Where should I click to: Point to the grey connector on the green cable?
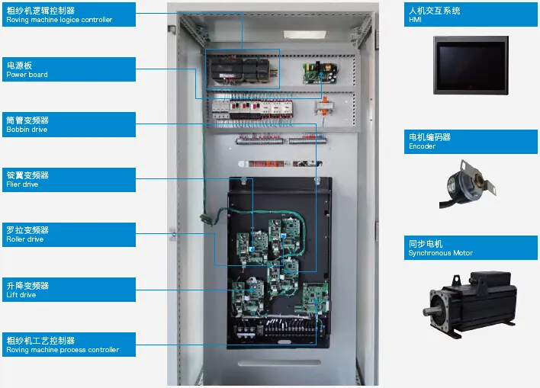(x=204, y=219)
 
